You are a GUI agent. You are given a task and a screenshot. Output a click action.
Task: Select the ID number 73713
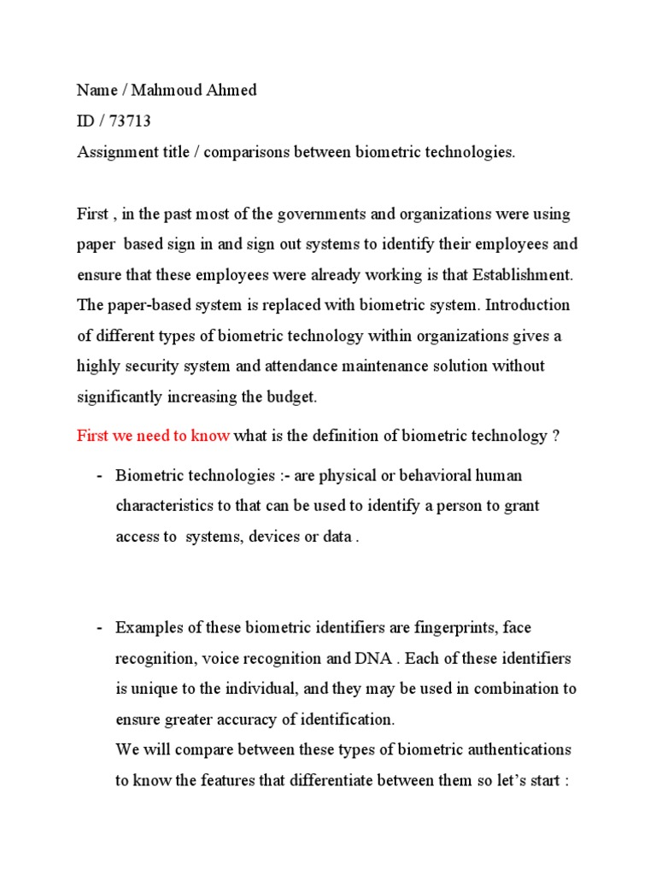(131, 120)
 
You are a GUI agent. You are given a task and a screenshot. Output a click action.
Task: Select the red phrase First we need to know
(153, 436)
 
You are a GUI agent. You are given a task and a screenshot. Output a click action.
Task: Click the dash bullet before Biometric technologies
(101, 475)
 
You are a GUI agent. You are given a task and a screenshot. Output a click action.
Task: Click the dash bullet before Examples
(101, 628)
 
